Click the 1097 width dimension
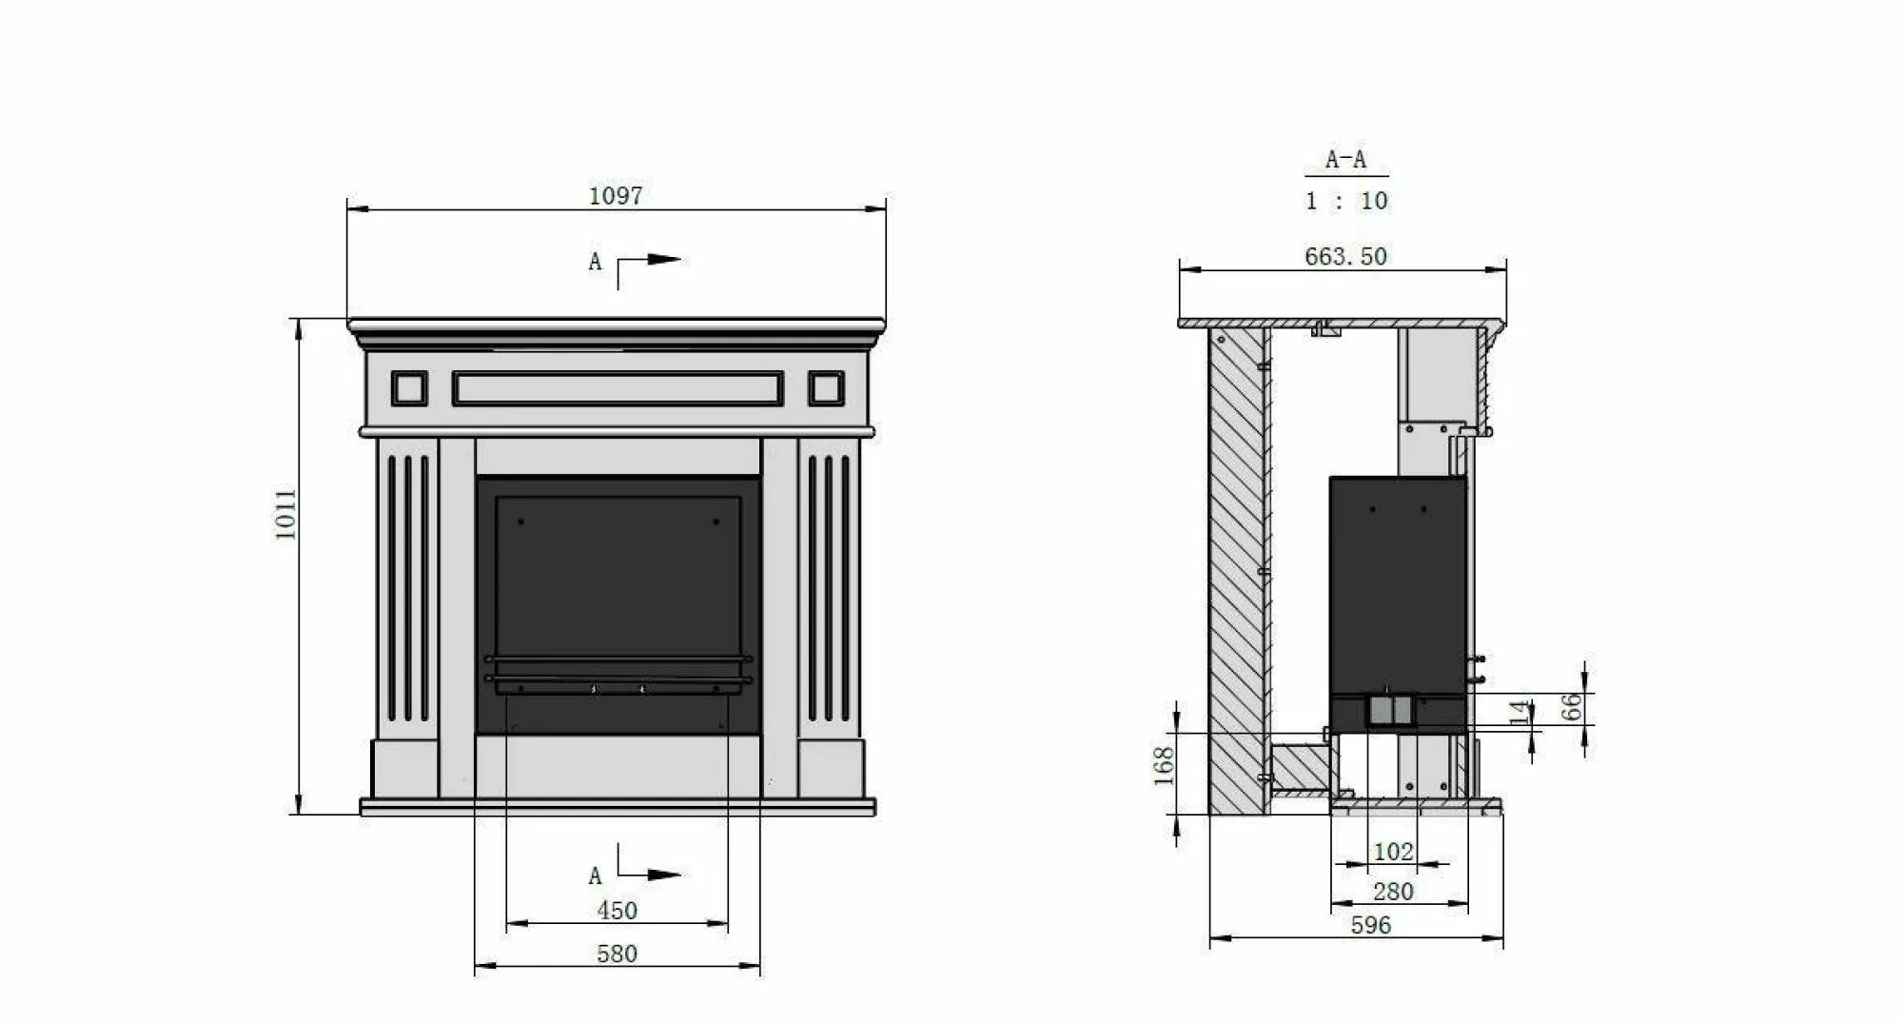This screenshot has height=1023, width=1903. (616, 196)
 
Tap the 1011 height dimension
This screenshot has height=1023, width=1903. (286, 515)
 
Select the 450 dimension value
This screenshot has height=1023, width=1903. (617, 911)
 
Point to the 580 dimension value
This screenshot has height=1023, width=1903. (617, 954)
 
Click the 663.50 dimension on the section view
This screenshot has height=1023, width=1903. (1345, 256)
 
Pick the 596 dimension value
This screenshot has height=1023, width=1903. (1370, 925)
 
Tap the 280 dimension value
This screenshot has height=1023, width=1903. (1393, 892)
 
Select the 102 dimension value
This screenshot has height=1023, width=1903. (1393, 852)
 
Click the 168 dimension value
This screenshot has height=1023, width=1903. (1164, 766)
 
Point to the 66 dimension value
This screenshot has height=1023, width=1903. (1571, 706)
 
